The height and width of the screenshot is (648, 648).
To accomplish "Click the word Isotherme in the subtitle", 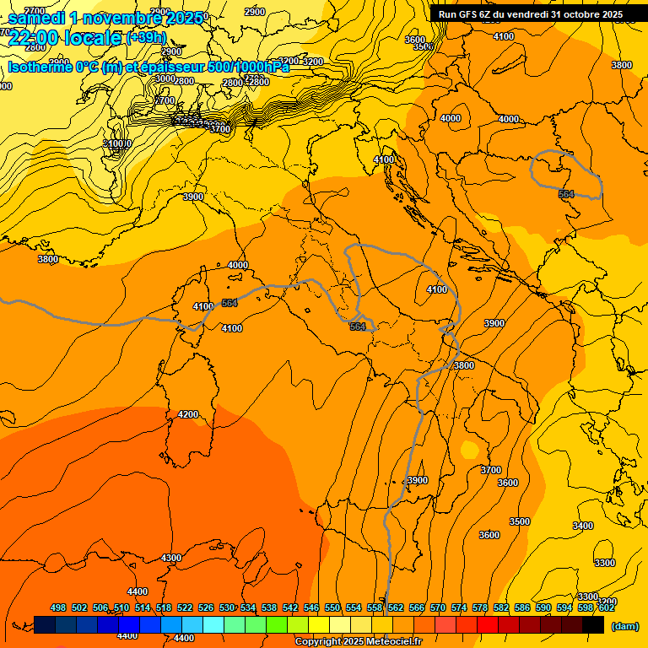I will (x=40, y=67).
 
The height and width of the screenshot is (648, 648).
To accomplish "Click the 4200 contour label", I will (x=188, y=414).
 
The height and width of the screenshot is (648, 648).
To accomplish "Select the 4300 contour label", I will (x=171, y=558).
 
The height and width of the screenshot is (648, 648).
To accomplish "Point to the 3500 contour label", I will (x=520, y=521).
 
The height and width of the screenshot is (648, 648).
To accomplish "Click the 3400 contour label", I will (x=583, y=526).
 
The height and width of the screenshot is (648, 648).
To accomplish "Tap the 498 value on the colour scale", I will (x=58, y=607).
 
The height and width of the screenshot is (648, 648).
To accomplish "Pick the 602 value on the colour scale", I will (x=607, y=607).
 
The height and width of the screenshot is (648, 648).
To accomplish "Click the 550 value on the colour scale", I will (x=332, y=607).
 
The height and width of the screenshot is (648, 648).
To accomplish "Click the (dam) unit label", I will (x=624, y=626).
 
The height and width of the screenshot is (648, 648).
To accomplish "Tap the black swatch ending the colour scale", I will (x=593, y=624).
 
